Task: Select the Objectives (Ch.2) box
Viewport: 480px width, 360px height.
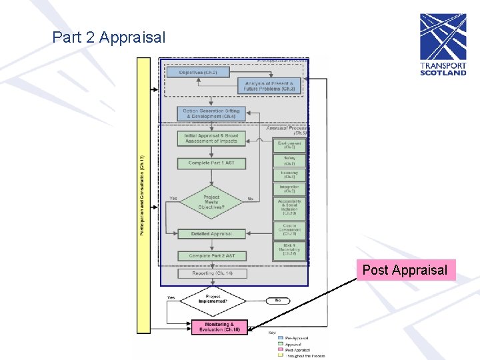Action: [198, 72]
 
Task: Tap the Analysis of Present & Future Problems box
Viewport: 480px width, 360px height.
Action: [269, 85]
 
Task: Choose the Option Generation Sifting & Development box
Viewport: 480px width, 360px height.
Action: [211, 113]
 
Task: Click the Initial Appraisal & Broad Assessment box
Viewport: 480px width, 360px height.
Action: [211, 139]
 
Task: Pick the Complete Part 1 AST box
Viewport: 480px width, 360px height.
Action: [211, 163]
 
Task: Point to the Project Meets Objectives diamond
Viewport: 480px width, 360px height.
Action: [211, 202]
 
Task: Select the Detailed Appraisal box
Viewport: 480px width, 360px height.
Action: [211, 234]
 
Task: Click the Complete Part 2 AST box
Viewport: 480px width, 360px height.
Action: [211, 256]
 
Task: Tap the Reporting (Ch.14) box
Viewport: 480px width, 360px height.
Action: [211, 273]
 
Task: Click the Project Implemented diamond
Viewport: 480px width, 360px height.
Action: [213, 299]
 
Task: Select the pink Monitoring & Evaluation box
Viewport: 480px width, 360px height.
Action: [219, 327]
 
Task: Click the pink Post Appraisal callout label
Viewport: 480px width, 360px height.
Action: [405, 270]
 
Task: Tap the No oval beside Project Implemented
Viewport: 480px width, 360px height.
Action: [277, 301]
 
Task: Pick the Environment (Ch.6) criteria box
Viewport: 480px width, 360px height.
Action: [289, 145]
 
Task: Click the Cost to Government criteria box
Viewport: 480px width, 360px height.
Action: [289, 231]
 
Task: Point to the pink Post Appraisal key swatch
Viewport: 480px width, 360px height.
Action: [281, 350]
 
